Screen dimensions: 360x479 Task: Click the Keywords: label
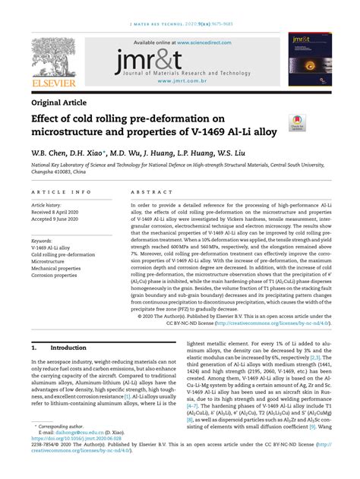[47, 240]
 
